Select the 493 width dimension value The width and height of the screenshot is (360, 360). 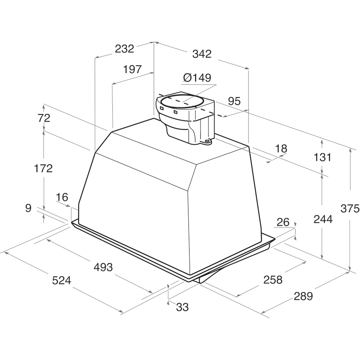(x=103, y=267)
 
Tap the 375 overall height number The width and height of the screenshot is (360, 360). (x=350, y=208)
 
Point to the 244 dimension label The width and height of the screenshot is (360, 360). (x=323, y=219)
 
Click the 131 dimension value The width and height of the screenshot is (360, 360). (x=322, y=157)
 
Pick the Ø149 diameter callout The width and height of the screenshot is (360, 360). (x=197, y=78)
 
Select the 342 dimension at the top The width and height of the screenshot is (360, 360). (x=202, y=54)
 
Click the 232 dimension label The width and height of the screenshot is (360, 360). (x=124, y=49)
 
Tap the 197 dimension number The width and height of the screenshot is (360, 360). (x=132, y=69)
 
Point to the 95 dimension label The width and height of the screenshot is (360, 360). (x=234, y=101)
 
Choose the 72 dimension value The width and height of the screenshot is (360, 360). (x=44, y=118)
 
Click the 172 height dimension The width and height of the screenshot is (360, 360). (x=44, y=168)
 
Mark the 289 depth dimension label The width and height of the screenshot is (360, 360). (x=303, y=296)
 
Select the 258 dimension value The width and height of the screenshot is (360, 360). (x=273, y=279)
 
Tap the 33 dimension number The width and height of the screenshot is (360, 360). (x=183, y=307)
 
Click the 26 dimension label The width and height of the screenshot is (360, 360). (x=283, y=222)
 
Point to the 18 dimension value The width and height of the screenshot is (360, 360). (x=281, y=148)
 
